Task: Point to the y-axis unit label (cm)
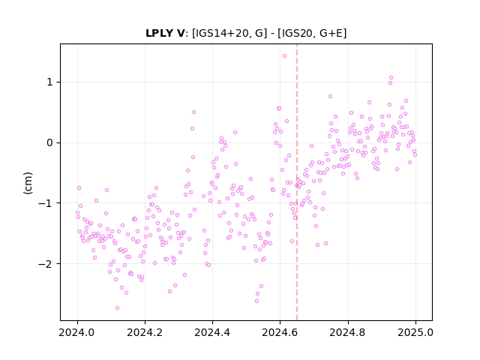[x=28, y=183]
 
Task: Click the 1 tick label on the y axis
[x=49, y=82]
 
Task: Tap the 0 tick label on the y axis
[x=49, y=142]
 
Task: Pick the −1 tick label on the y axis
[x=45, y=203]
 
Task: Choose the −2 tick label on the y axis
[x=45, y=263]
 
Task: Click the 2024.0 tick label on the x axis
[x=77, y=332]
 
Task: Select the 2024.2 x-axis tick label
[x=145, y=332]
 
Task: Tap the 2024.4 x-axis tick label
[x=212, y=332]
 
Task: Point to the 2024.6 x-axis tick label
[x=280, y=332]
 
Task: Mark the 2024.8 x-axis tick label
[x=348, y=332]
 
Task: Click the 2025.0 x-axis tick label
[x=415, y=332]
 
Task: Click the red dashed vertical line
[x=297, y=182]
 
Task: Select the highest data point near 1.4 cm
[x=284, y=56]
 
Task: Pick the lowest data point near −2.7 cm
[x=117, y=307]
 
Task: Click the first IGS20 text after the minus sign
[x=295, y=33]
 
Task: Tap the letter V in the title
[x=180, y=33]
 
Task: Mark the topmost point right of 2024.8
[x=391, y=78]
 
